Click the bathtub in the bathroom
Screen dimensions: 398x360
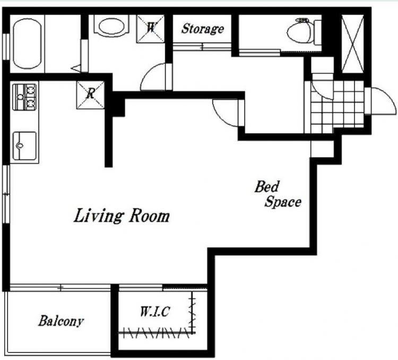click(27, 44)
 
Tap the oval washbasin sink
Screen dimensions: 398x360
click(111, 27)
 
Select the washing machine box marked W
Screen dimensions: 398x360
click(151, 29)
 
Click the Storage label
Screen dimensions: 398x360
click(203, 29)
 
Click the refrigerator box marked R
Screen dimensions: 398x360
click(90, 95)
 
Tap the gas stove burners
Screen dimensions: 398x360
click(24, 97)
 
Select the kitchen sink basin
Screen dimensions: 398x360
click(24, 146)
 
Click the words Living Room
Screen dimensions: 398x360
click(122, 216)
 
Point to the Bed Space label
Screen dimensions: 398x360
click(278, 194)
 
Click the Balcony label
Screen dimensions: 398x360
click(61, 321)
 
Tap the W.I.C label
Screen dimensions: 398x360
click(155, 312)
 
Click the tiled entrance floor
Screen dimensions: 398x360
click(338, 107)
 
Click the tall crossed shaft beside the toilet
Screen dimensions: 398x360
click(352, 44)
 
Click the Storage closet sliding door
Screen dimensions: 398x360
click(202, 47)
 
